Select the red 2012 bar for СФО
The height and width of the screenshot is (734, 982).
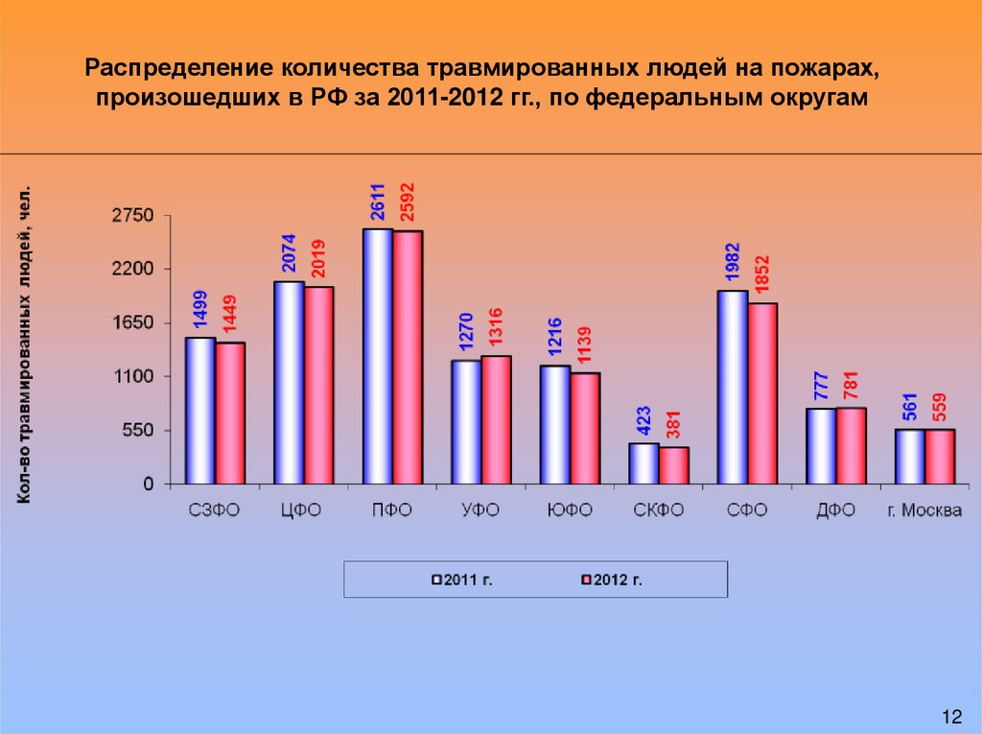point(762,393)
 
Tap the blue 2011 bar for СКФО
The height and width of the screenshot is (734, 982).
point(643,463)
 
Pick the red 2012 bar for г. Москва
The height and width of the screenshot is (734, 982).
point(940,457)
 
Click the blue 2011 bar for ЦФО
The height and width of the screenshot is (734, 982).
point(289,383)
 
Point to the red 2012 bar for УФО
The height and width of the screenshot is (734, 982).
point(496,420)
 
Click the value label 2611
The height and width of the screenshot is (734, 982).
point(378,203)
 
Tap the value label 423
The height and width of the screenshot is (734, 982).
point(643,422)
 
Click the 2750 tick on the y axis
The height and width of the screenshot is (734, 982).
point(132,217)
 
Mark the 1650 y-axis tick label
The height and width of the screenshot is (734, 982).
point(132,324)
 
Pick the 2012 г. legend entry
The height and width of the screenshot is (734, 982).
point(611,580)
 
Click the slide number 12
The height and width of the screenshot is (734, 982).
point(951,717)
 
